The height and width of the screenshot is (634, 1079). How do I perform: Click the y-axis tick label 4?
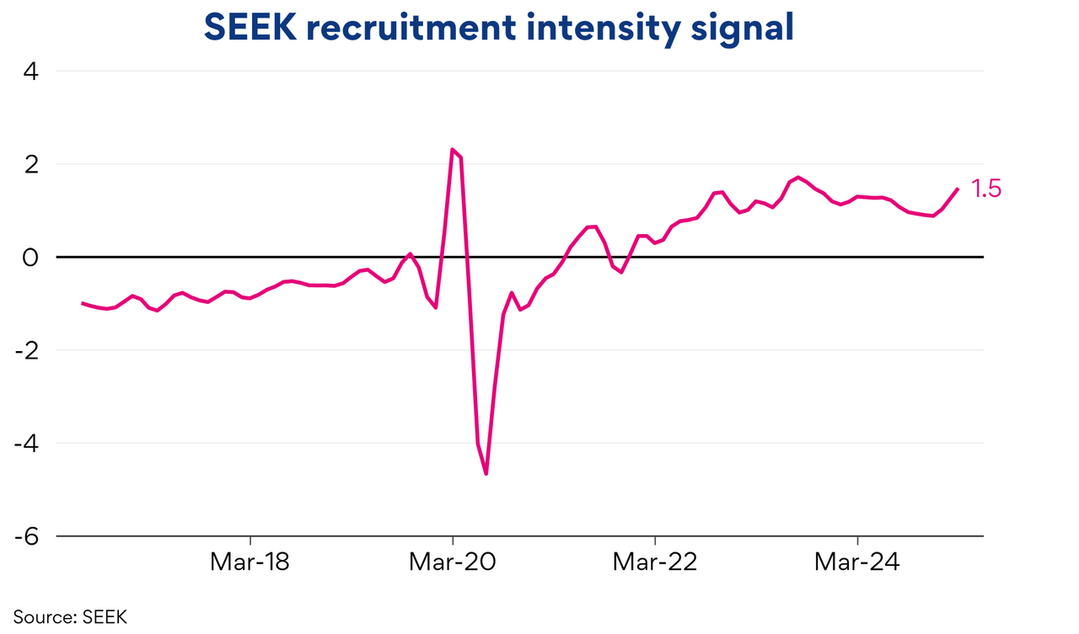(31, 72)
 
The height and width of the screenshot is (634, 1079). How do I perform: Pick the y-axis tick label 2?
(31, 164)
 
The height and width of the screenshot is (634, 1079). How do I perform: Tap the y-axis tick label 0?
(31, 257)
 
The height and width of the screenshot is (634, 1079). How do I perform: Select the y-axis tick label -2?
(27, 350)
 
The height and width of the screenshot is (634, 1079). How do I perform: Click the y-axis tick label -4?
(27, 443)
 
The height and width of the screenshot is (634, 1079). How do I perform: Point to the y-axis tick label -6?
(27, 536)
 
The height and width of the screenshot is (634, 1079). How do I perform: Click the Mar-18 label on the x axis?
(250, 562)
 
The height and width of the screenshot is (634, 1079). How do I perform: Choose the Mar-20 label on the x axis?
(453, 562)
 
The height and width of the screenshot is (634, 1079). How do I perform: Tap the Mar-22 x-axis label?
(655, 562)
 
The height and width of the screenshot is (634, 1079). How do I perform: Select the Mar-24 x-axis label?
(857, 562)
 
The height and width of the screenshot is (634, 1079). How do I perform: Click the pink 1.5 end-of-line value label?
(985, 189)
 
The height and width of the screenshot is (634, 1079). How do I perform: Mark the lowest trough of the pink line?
(486, 474)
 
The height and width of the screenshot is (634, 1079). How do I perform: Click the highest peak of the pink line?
(453, 150)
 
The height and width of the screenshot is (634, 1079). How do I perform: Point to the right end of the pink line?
(958, 189)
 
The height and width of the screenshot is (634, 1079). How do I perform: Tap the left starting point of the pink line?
(83, 303)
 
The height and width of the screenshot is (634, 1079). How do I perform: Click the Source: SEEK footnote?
(70, 617)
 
